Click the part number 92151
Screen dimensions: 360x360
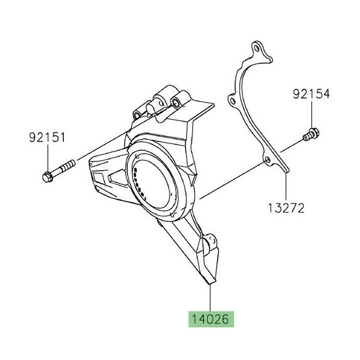pyautogui.click(x=47, y=137)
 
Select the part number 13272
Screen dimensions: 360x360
pyautogui.click(x=285, y=208)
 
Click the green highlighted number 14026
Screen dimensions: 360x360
pyautogui.click(x=211, y=318)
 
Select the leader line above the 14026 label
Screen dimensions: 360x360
pyautogui.click(x=211, y=298)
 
